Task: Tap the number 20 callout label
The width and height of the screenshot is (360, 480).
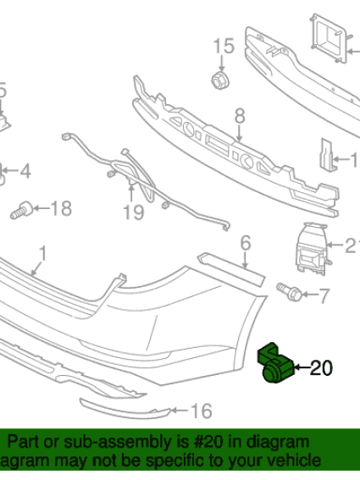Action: pyautogui.click(x=322, y=367)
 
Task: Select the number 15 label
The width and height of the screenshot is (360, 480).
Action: pyautogui.click(x=223, y=46)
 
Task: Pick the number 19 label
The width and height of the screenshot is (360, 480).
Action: pyautogui.click(x=133, y=212)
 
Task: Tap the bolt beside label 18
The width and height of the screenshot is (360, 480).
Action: pyautogui.click(x=23, y=209)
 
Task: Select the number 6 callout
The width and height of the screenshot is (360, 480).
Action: pyautogui.click(x=246, y=244)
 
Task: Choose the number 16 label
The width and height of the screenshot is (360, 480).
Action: pyautogui.click(x=200, y=411)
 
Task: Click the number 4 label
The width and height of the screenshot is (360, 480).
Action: pyautogui.click(x=25, y=172)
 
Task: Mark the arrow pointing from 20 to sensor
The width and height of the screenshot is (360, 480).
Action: pyautogui.click(x=302, y=367)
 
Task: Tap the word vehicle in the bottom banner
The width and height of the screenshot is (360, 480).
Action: pyautogui.click(x=293, y=461)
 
